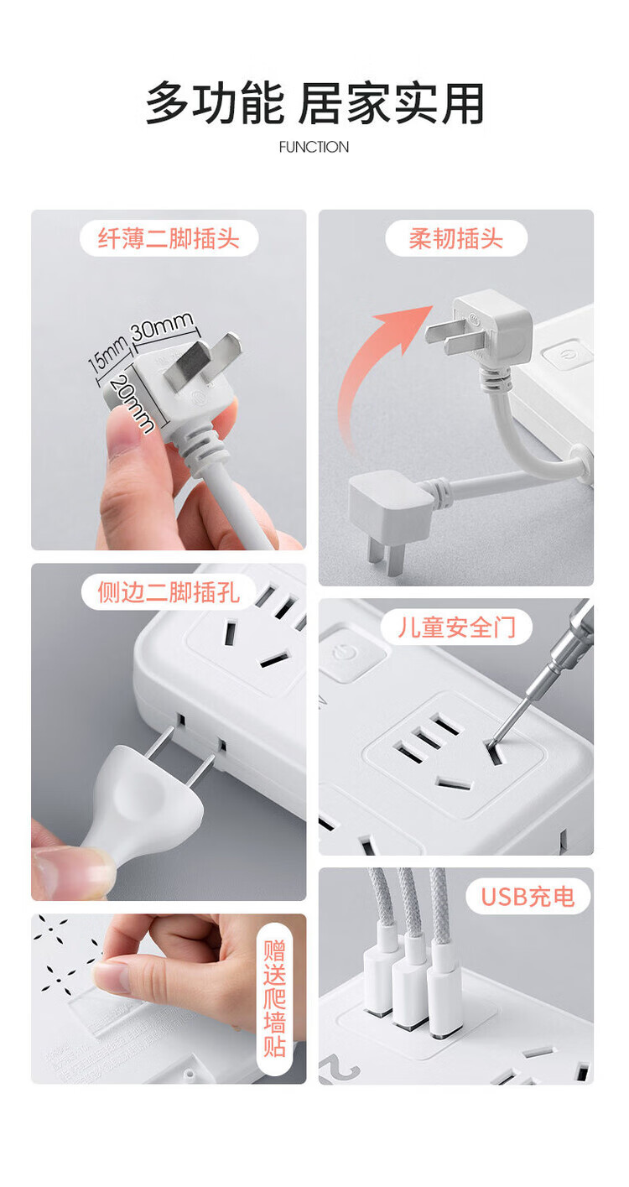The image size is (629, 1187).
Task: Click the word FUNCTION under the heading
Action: (314, 147)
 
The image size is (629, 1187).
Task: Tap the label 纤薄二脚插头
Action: (169, 238)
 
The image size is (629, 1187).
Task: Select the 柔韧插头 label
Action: (455, 238)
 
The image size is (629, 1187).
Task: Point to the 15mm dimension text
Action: (107, 354)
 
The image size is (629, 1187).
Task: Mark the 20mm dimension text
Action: (133, 403)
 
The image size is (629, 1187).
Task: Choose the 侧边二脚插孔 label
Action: (169, 592)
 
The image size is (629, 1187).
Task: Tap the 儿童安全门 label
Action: (456, 627)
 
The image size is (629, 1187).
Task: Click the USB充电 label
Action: (528, 897)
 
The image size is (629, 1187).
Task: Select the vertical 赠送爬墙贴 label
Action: (274, 998)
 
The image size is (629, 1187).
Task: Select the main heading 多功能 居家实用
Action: (314, 103)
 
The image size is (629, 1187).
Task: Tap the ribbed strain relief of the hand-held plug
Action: (200, 444)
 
